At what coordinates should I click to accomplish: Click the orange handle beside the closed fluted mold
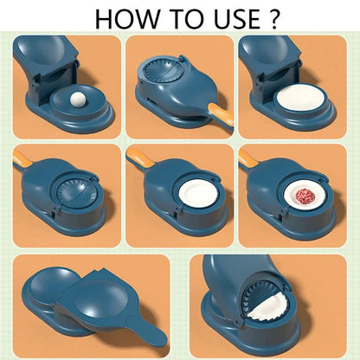click(214, 89)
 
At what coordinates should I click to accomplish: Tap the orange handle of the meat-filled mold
click(248, 158)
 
